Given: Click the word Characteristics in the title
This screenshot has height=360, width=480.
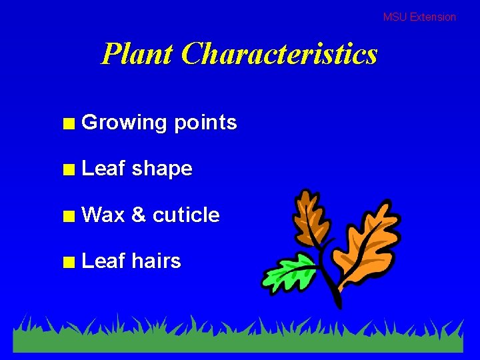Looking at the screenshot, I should pyautogui.click(x=279, y=53).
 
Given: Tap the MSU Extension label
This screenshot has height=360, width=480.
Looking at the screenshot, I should pyautogui.click(x=419, y=17).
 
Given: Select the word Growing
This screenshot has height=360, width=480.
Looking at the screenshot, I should pyautogui.click(x=124, y=123).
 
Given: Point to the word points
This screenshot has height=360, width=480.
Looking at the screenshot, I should pyautogui.click(x=205, y=123).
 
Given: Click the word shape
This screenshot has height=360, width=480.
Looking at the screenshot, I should pyautogui.click(x=162, y=169).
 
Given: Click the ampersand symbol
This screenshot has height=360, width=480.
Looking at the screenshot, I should pyautogui.click(x=139, y=215).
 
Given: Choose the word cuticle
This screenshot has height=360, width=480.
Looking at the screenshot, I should pyautogui.click(x=186, y=215).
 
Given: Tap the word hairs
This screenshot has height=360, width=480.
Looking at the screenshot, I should pyautogui.click(x=157, y=261).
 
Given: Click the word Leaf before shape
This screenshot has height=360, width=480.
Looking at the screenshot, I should pyautogui.click(x=103, y=169).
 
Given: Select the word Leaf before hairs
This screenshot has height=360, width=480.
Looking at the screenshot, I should pyautogui.click(x=103, y=261).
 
